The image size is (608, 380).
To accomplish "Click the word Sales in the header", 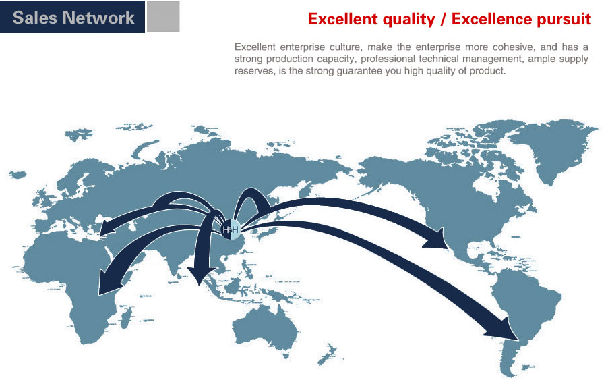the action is click(x=34, y=18).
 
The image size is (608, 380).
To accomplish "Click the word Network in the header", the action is click(x=98, y=18).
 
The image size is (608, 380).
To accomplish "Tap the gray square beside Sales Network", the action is click(x=163, y=16).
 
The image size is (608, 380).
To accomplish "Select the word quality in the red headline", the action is click(x=408, y=20).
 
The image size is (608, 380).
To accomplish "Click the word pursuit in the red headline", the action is click(x=562, y=20).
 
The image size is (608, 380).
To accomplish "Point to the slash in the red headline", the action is click(x=444, y=19).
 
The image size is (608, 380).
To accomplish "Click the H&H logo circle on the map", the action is click(x=231, y=230).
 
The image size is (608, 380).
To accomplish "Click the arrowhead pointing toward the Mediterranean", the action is click(x=108, y=227).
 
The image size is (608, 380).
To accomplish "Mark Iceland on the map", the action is click(x=18, y=175).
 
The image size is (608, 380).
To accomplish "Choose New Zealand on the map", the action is click(x=326, y=354).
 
